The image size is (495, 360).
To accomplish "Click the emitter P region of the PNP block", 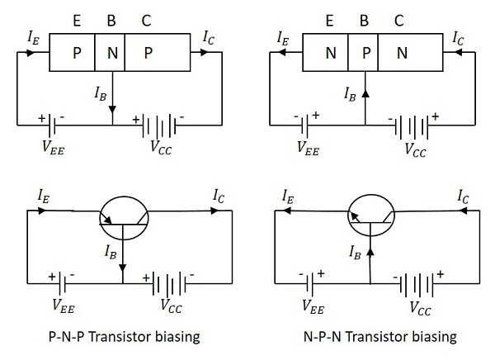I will click(x=76, y=54).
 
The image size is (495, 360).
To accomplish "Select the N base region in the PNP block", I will click(x=112, y=54).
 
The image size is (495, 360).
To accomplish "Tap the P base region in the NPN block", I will click(x=365, y=54).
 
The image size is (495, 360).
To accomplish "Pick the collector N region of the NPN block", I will click(x=402, y=54).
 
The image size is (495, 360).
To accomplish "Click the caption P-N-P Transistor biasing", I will click(x=125, y=337).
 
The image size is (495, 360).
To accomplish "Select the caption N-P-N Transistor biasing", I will click(x=379, y=337).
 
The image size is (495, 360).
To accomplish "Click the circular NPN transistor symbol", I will click(x=373, y=214).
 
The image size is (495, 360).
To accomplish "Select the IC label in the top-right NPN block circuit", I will click(x=459, y=36).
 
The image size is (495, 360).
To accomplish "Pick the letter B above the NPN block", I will click(x=365, y=17).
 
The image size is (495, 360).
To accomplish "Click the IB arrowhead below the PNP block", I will click(x=113, y=107).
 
